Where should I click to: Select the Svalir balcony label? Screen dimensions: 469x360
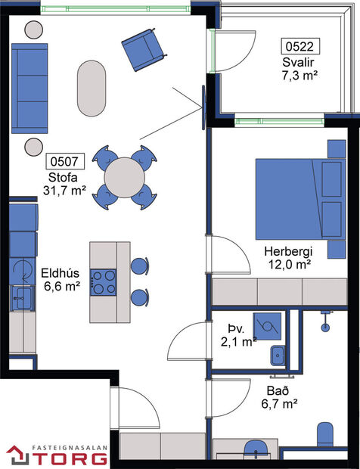click(297, 62)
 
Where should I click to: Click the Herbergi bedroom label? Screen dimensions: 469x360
click(288, 251)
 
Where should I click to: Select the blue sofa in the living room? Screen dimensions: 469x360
click(29, 84)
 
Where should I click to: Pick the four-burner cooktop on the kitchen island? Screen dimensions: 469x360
click(104, 282)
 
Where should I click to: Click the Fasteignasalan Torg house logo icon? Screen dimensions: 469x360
click(17, 455)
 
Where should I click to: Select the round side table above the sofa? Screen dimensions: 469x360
click(35, 30)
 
